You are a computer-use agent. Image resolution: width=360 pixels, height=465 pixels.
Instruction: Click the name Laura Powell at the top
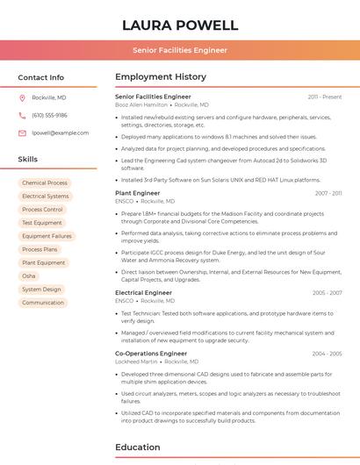click(x=180, y=25)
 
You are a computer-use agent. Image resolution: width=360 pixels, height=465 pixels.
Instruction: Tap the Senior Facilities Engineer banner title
click(x=180, y=50)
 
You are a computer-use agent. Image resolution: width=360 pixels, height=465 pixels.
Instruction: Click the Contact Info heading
click(x=41, y=77)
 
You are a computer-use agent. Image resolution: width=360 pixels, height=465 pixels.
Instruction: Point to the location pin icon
click(x=22, y=97)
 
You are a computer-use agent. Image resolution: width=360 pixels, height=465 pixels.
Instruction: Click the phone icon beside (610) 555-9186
click(x=22, y=115)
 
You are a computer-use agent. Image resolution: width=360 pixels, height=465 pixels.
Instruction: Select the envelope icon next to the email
click(x=22, y=132)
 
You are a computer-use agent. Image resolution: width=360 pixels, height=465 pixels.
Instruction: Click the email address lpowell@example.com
click(x=61, y=132)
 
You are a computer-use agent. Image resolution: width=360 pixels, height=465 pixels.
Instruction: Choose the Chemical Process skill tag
click(x=45, y=182)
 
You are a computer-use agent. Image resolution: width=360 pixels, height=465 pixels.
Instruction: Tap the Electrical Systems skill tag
click(x=46, y=197)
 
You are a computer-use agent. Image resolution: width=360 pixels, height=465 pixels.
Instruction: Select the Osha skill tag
click(x=29, y=275)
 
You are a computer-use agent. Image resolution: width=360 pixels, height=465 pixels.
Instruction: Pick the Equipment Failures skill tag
click(x=47, y=236)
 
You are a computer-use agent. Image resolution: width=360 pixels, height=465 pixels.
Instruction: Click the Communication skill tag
click(x=43, y=303)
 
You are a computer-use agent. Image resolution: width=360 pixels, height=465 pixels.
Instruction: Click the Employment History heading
click(x=161, y=77)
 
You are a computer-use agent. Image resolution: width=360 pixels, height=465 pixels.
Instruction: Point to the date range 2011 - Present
click(x=325, y=97)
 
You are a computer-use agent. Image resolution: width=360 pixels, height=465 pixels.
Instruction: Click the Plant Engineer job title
click(x=138, y=193)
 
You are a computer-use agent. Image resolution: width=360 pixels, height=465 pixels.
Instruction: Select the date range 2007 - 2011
click(x=328, y=193)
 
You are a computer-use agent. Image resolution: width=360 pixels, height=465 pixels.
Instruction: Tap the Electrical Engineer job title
click(x=144, y=293)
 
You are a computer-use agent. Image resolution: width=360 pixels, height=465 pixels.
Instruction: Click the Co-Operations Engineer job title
click(x=151, y=354)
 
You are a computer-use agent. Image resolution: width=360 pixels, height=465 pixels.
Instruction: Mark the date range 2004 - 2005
click(x=327, y=354)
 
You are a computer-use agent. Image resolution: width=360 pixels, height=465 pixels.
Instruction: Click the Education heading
click(x=137, y=447)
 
